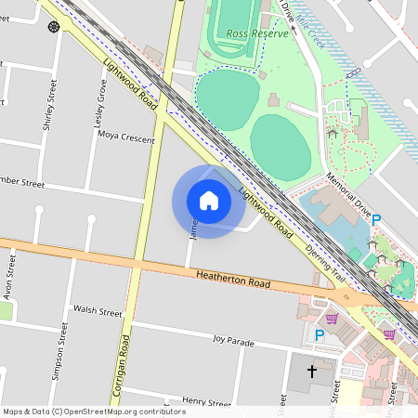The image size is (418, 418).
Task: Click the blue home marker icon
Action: pos(209,201)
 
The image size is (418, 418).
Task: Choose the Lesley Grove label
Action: pos(102,97)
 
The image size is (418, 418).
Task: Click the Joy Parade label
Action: pos(233,342)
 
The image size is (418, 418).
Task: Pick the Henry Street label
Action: pos(206,402)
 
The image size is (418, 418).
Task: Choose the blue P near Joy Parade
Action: pos(320,335)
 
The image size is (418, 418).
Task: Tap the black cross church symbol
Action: pos(312,371)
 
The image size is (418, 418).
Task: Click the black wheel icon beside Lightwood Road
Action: pos(54,27)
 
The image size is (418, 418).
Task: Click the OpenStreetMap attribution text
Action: pos(94,411)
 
